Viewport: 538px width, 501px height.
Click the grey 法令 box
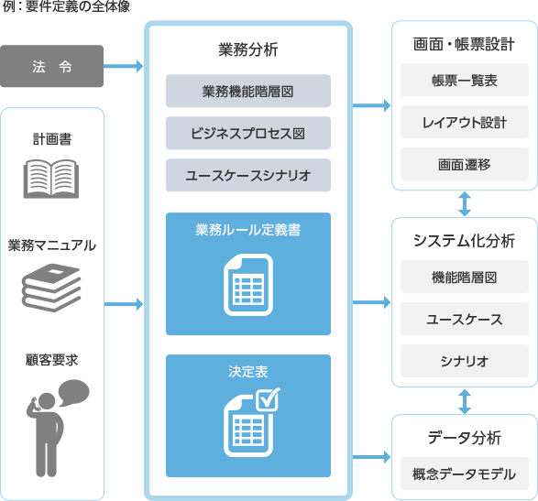pos(51,66)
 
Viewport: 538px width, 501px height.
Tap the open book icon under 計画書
pos(51,178)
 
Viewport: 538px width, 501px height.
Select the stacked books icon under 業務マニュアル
pos(51,287)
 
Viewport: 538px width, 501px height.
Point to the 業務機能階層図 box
pos(247,92)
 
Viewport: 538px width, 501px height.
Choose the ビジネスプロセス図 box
pos(247,133)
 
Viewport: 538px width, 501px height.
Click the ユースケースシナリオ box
pos(247,174)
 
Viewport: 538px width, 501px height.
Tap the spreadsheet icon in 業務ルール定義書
pos(247,287)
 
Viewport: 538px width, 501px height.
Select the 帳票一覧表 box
pos(464,81)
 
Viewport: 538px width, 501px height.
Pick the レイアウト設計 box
pos(464,122)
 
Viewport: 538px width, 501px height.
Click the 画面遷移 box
pos(464,163)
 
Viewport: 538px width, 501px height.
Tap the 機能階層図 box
pos(464,278)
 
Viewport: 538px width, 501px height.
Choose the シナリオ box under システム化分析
pos(464,360)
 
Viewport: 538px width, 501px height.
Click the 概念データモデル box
pos(464,474)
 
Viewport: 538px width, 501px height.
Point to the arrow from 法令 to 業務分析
pos(125,66)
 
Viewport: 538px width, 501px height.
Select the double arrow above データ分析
pos(465,400)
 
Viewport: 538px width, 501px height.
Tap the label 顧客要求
pos(51,360)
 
